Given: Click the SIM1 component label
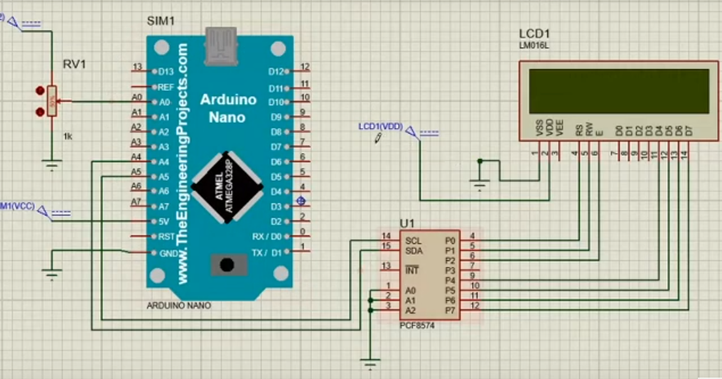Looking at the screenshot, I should click(x=160, y=21).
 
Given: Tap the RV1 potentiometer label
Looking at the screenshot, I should click(x=75, y=64).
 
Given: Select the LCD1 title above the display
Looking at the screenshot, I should click(x=534, y=34).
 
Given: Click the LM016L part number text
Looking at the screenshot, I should click(x=534, y=47).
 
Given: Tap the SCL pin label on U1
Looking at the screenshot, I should click(x=414, y=240).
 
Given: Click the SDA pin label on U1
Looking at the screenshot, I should click(x=414, y=250).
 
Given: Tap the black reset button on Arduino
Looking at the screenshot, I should click(x=227, y=265).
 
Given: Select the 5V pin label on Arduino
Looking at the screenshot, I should click(x=163, y=221).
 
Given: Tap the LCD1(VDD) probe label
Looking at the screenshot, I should click(x=380, y=127).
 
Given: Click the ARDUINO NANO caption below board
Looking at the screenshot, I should click(x=178, y=306).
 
